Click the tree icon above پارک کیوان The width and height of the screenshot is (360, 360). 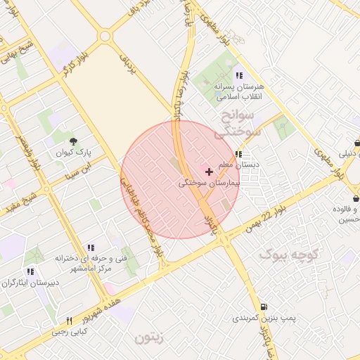click(72, 141)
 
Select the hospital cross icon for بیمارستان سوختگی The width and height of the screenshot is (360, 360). click(209, 172)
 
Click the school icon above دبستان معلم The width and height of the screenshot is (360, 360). click(239, 154)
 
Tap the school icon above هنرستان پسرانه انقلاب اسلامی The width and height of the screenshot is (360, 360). click(239, 75)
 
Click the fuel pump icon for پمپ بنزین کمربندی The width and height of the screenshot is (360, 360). click(264, 307)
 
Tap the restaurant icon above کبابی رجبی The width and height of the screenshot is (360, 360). click(69, 321)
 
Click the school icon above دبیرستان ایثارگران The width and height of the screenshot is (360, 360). click(30, 271)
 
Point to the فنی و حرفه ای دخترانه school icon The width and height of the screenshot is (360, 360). click(90, 248)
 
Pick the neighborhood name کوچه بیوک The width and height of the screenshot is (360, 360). click(289, 253)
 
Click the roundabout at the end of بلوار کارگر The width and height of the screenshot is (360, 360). click(105, 36)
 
